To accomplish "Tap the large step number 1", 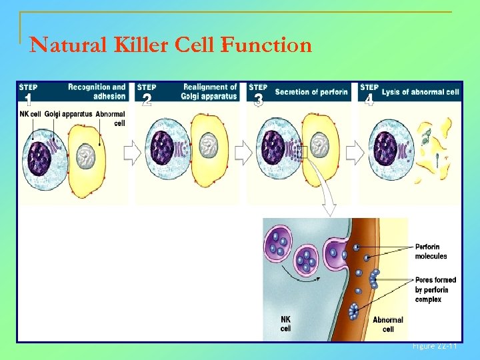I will click(x=28, y=101).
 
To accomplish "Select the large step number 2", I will click(x=147, y=101).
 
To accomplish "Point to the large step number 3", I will click(x=259, y=101).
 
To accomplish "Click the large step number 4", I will click(x=369, y=101).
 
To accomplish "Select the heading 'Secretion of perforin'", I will click(x=311, y=92).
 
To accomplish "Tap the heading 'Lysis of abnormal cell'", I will click(x=421, y=92).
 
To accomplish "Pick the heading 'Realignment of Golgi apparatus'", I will click(x=209, y=91).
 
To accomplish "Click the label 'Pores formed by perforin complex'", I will click(x=431, y=290).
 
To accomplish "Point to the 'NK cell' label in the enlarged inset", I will click(x=286, y=324).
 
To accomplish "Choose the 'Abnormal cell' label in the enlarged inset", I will click(x=387, y=325).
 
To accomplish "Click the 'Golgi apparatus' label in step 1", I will click(x=69, y=114).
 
